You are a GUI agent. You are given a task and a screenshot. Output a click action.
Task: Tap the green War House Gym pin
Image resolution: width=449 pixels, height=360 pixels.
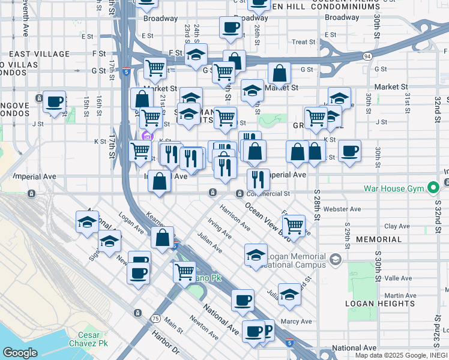pyautogui.click(x=433, y=188)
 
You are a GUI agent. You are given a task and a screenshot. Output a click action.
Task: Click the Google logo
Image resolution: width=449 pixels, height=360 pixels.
pyautogui.click(x=20, y=353)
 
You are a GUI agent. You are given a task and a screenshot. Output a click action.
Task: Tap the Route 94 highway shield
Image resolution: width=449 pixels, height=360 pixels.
pyautogui.click(x=366, y=56)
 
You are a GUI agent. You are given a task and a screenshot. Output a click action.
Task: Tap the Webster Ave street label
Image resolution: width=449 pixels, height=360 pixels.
pyautogui.click(x=342, y=209)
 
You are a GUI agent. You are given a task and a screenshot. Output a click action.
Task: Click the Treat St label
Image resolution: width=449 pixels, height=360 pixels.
pyautogui.click(x=304, y=42)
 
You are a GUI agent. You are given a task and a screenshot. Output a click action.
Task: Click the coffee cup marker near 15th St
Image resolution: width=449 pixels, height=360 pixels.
pyautogui.click(x=54, y=101)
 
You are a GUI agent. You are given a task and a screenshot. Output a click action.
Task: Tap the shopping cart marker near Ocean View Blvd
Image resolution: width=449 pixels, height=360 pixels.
pyautogui.click(x=293, y=226)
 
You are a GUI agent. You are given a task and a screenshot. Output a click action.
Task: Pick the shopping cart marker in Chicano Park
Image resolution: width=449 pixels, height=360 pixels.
pyautogui.click(x=184, y=271)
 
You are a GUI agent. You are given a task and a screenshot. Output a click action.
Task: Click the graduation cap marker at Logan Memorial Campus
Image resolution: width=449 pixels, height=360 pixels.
pyautogui.click(x=256, y=254)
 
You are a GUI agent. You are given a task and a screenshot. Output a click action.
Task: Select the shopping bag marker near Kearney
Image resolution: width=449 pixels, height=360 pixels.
pyautogui.click(x=162, y=237)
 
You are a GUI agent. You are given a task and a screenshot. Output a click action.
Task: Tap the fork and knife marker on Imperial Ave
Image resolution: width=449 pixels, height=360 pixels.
pyautogui.click(x=258, y=179)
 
